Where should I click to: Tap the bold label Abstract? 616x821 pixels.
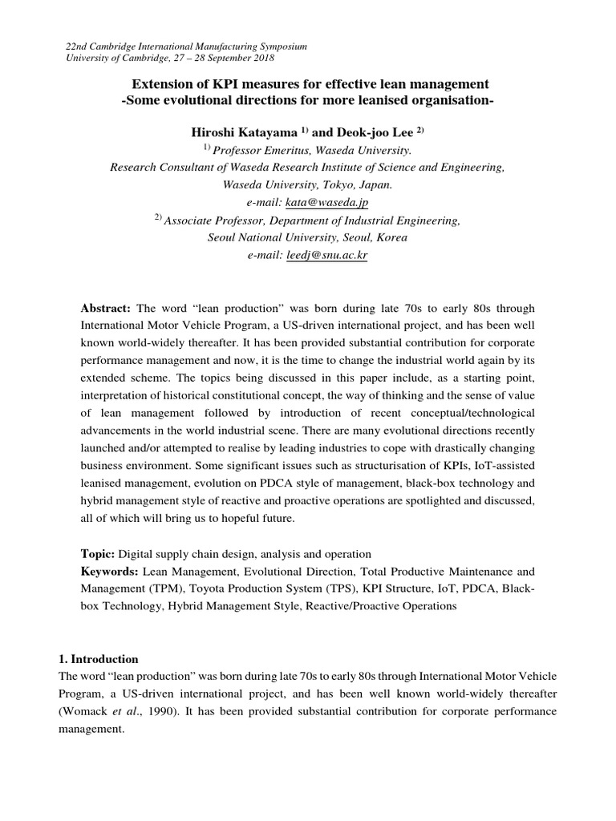tap(107, 309)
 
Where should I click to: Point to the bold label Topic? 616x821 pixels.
tap(98, 554)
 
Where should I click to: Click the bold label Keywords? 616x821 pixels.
tap(111, 572)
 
